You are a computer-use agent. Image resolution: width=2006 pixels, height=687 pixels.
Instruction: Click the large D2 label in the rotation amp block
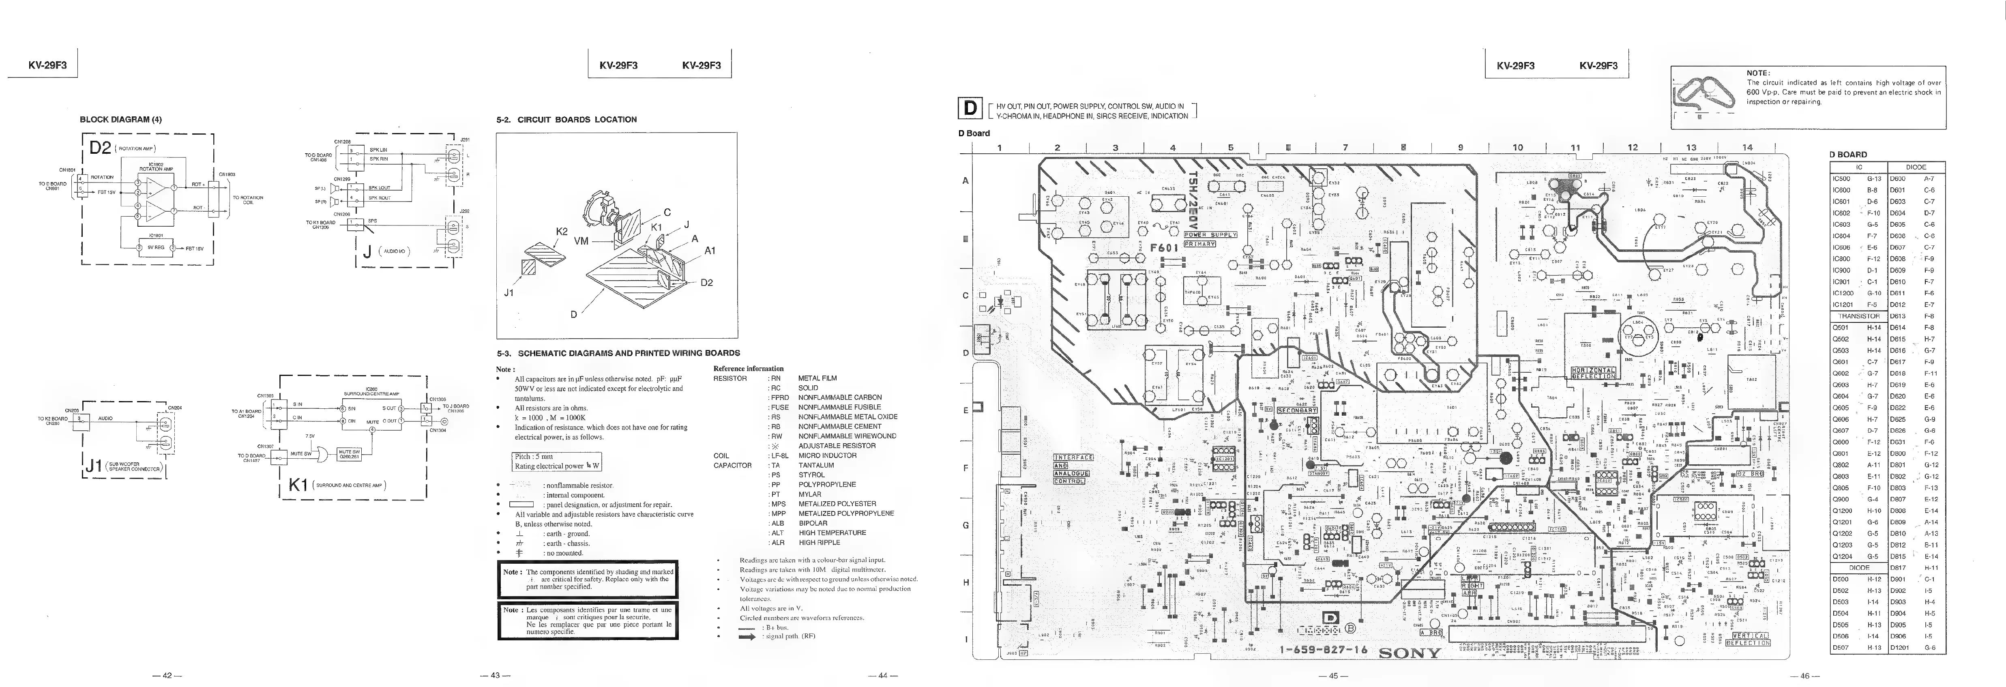(99, 147)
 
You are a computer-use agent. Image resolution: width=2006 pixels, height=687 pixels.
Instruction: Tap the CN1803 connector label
(227, 174)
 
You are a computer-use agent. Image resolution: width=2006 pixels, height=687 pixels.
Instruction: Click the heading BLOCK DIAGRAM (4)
(121, 119)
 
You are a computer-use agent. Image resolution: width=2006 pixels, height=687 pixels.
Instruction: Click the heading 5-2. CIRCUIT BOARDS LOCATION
(566, 119)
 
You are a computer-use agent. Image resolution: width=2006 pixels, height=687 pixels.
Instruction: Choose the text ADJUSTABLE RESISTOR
(837, 446)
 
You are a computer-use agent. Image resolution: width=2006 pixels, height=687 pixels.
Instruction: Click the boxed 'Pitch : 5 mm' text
(533, 457)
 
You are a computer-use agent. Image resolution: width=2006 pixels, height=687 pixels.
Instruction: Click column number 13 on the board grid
(1691, 147)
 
